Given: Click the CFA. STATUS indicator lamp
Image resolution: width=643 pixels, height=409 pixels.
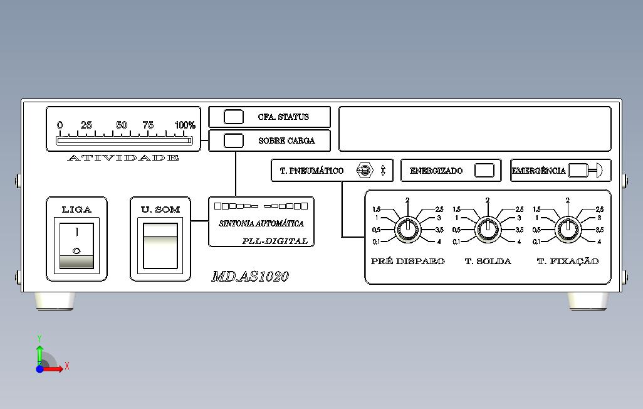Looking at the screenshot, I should tap(234, 117).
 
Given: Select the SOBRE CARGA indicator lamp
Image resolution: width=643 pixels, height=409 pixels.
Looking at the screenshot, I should tap(234, 141).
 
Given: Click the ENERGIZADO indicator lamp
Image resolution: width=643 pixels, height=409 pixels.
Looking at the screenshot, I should tap(484, 171).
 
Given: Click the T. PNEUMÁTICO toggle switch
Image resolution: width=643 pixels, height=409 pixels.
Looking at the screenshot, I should tap(365, 171).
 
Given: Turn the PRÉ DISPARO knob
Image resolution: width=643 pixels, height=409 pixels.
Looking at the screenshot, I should tap(407, 230).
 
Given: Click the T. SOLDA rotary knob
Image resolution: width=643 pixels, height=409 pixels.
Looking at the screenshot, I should tap(488, 230).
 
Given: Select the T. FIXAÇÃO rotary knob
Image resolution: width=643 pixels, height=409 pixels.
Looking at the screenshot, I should tap(568, 230).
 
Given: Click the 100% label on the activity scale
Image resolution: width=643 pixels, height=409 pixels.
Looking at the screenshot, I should tap(185, 125).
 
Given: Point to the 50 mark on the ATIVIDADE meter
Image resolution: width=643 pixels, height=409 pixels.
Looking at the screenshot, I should tap(122, 125).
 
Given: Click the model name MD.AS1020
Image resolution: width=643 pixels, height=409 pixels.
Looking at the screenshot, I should tap(250, 277).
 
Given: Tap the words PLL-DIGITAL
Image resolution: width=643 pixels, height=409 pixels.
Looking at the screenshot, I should tap(275, 241).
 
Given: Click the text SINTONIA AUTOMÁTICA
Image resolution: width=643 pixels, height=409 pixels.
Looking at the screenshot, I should tap(261, 223).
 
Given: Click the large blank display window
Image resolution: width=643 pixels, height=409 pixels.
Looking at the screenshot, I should tap(474, 129).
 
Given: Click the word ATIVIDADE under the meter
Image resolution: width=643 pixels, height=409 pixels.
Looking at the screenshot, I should tap(123, 157).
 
